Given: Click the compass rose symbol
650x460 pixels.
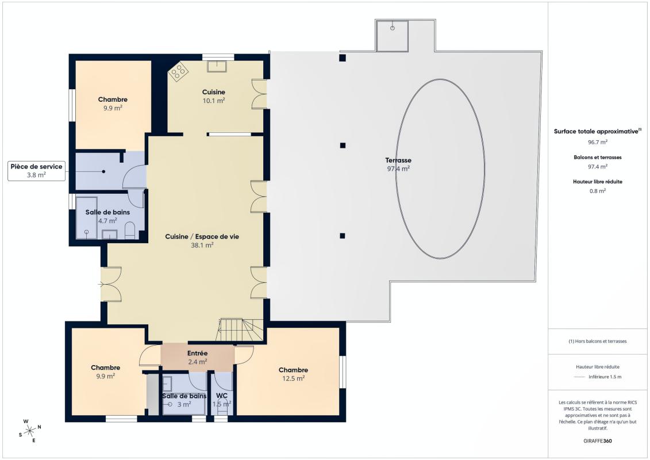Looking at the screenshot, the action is (x=30, y=431).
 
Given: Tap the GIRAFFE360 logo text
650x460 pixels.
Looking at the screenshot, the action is (x=597, y=441).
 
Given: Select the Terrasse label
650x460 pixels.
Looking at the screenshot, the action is (x=398, y=160).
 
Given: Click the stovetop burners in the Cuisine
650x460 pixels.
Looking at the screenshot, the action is (x=179, y=72).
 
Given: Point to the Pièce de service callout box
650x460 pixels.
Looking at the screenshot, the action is (x=36, y=170).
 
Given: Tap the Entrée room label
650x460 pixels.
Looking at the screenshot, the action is (x=197, y=354).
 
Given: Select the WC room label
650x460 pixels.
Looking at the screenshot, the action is (x=222, y=396).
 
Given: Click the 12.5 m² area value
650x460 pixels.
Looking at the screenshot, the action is (x=294, y=378).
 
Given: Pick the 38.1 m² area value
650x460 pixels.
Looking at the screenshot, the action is (x=202, y=245).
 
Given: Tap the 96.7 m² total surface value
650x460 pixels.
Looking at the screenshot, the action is (x=597, y=142).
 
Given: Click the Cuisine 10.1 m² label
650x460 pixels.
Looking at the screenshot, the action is (x=214, y=96).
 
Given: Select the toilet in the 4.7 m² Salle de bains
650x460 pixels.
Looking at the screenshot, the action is (x=130, y=230).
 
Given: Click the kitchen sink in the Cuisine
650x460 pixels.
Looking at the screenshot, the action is (x=217, y=66).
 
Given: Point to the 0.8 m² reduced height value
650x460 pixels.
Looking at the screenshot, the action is (x=597, y=191).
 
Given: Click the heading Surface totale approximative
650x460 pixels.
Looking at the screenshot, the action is (x=596, y=132).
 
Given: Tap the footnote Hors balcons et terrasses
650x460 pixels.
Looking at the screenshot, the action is (x=597, y=342).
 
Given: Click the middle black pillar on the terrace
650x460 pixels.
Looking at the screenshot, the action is (x=343, y=145).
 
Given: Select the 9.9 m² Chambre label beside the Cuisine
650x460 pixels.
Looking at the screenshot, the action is (x=113, y=103).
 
